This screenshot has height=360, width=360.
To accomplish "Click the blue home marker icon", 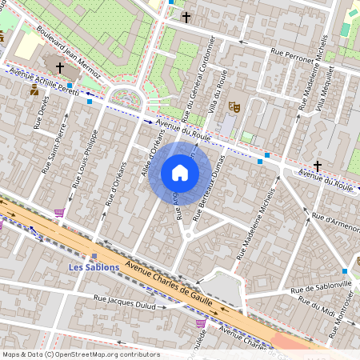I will pos(180,173).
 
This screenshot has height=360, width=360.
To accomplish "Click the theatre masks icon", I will pos(234,106).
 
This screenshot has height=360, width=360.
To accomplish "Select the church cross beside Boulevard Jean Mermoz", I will pos(60,69).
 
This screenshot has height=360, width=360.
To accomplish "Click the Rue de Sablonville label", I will pos(321,286).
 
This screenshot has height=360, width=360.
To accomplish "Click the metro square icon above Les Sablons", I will pos(94,256).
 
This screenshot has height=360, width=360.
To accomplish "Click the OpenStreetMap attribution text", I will pos(80,354).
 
